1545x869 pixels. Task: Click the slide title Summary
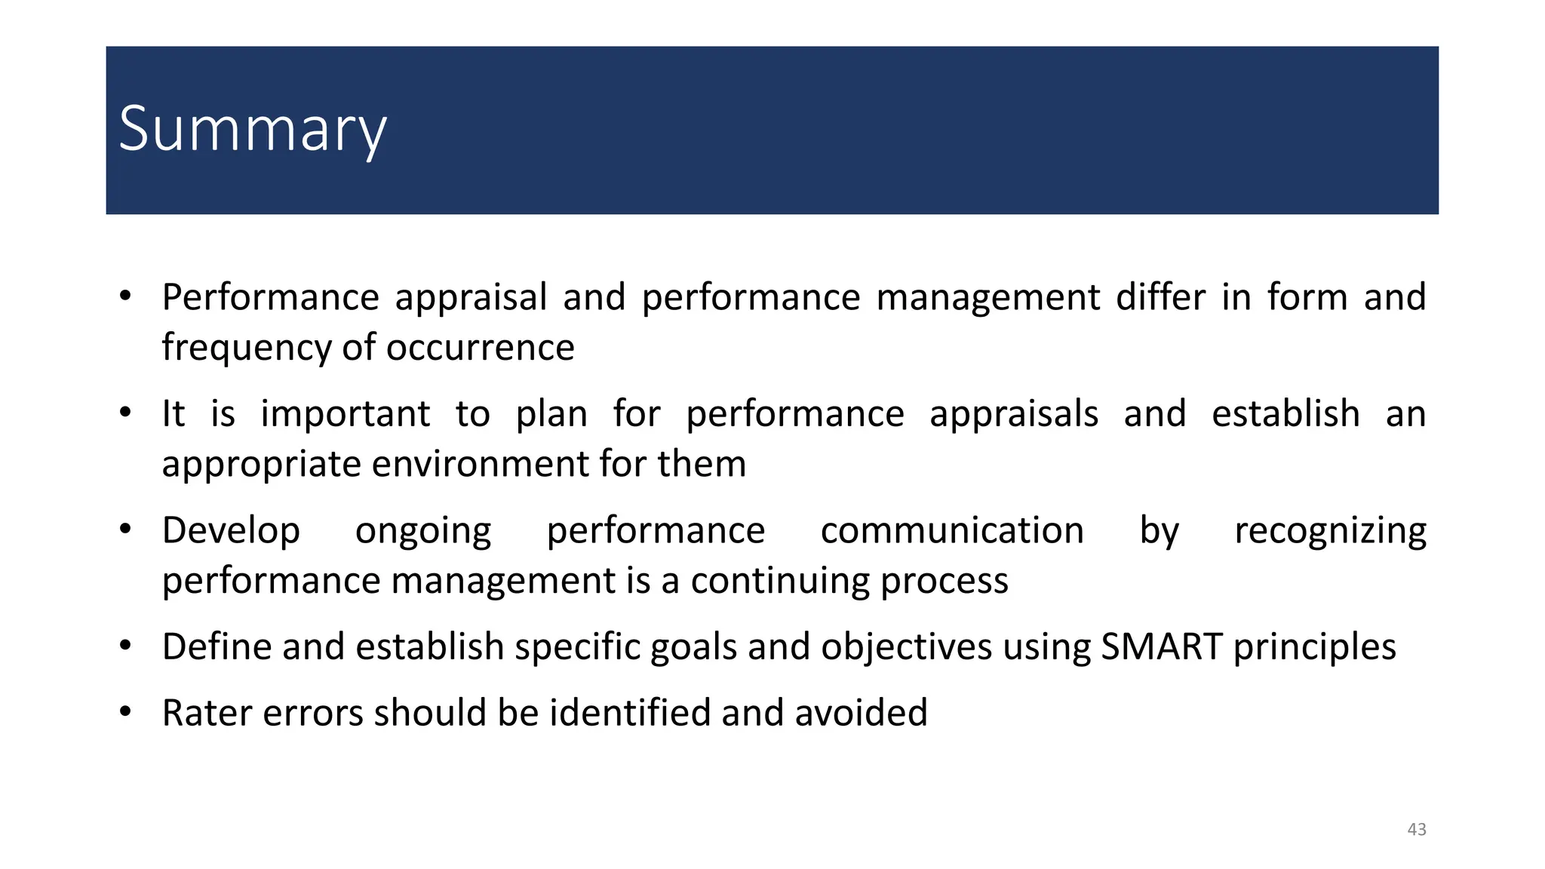point(253,130)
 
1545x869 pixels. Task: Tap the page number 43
point(1417,830)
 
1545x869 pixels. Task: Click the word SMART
point(1162,647)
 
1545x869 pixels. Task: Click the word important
point(346,414)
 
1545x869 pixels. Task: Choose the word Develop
point(231,531)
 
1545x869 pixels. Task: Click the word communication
point(952,530)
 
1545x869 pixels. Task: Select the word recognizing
point(1330,531)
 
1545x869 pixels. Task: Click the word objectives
point(906,647)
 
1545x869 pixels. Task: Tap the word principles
point(1314,647)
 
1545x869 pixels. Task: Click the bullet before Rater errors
point(126,711)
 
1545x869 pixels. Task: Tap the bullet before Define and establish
point(126,646)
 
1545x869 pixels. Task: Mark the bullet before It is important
point(126,413)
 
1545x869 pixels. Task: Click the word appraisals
point(1014,414)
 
